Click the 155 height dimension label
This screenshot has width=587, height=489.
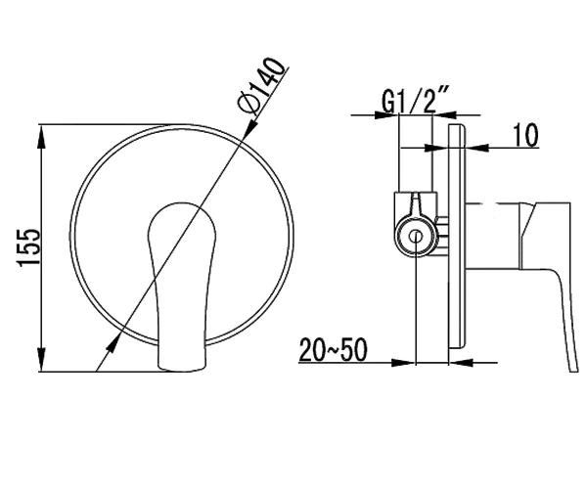click(28, 246)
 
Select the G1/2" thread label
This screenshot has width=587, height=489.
click(415, 99)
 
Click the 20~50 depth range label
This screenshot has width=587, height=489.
click(334, 350)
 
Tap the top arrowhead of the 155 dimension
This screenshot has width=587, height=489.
click(41, 136)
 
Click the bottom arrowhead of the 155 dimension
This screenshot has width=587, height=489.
click(41, 360)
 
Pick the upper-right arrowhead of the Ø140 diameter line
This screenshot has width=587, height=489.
click(252, 124)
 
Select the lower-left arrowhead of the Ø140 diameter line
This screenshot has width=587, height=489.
click(112, 343)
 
